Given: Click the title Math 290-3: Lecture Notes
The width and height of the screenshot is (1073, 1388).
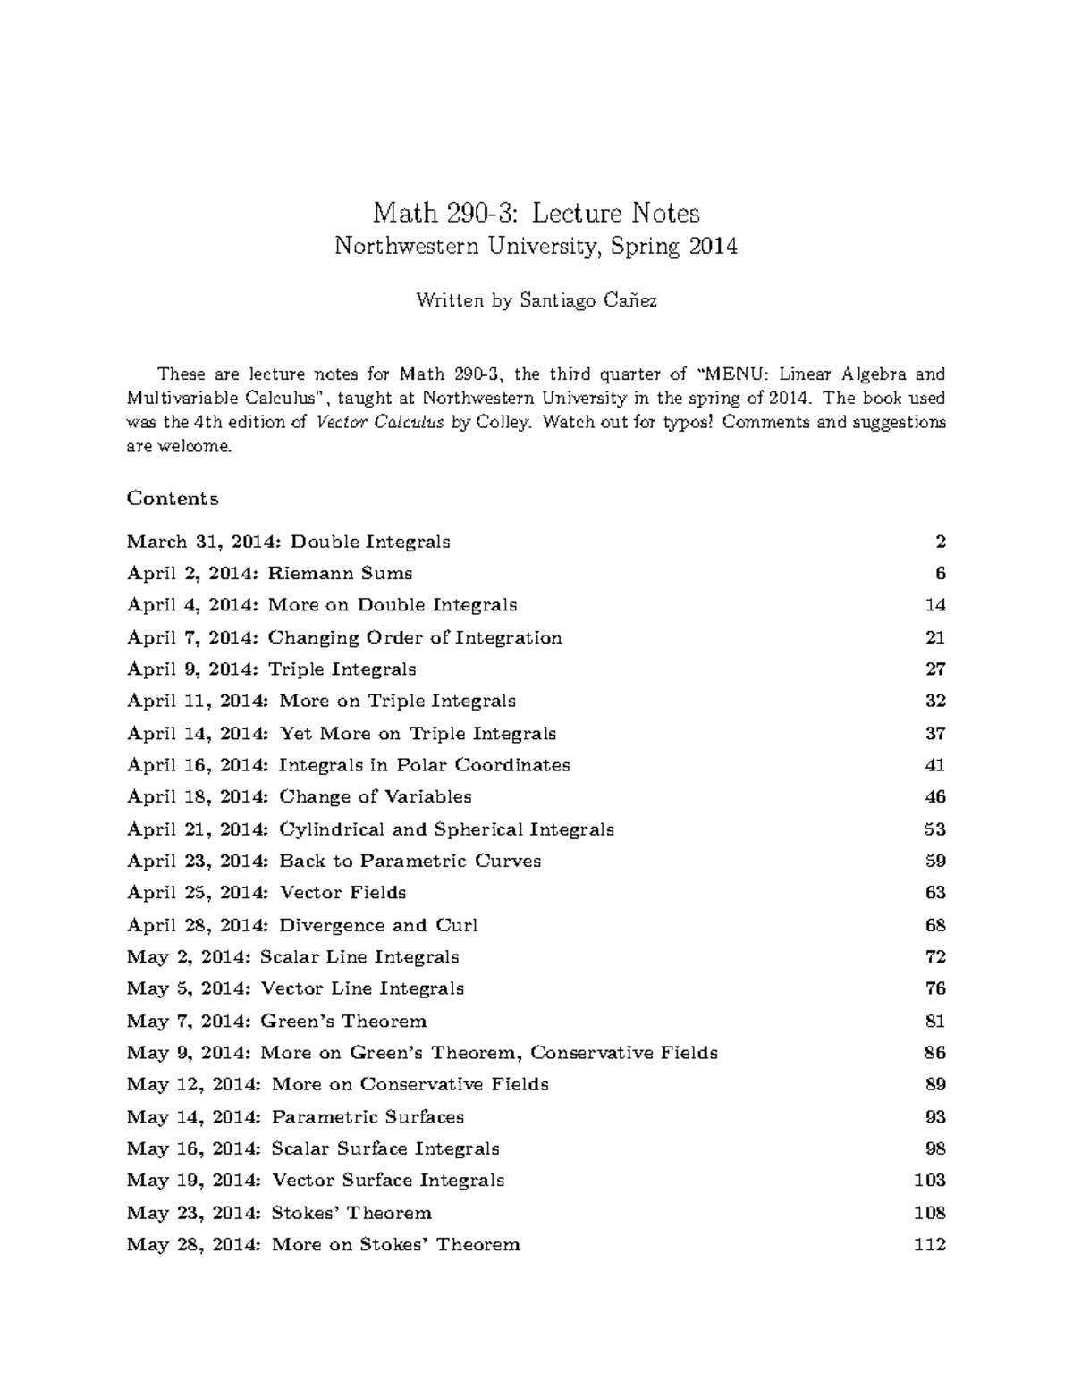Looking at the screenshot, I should tap(536, 213).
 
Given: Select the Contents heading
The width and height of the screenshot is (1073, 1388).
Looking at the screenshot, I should tap(173, 498).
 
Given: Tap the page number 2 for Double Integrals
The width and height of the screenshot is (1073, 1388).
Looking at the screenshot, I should tap(941, 542).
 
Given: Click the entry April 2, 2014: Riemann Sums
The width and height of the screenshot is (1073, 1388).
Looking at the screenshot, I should tap(269, 573).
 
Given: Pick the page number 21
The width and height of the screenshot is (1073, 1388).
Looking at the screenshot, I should tap(935, 637).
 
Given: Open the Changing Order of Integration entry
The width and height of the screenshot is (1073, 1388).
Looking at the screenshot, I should tap(344, 637).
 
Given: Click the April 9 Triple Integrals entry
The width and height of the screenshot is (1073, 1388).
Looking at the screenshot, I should tap(271, 669).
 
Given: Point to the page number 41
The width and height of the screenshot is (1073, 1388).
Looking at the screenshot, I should tap(935, 765).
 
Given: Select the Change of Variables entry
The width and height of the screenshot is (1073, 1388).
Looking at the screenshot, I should tap(299, 796).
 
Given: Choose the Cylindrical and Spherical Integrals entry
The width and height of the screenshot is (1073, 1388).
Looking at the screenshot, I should tap(370, 829).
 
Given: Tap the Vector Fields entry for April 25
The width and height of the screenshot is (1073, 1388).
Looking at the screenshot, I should tap(266, 893).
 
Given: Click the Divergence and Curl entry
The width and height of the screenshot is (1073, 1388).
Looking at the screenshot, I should tap(302, 925).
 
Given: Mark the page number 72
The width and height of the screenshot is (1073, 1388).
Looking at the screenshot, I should tap(935, 957).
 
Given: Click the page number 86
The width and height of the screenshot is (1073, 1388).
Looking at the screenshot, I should tap(935, 1053).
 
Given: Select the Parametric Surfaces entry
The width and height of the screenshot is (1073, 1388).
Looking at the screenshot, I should tap(295, 1117).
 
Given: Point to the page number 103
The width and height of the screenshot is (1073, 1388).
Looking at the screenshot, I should tap(930, 1181).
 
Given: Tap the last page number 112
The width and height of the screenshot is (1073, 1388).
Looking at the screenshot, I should tap(930, 1245).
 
